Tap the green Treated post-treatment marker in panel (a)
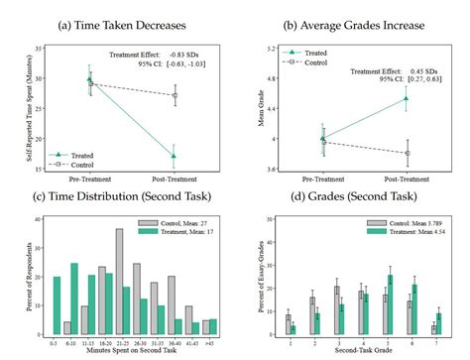pos(174,156)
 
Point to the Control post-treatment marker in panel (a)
pos(174,95)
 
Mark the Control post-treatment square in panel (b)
pos(406,153)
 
